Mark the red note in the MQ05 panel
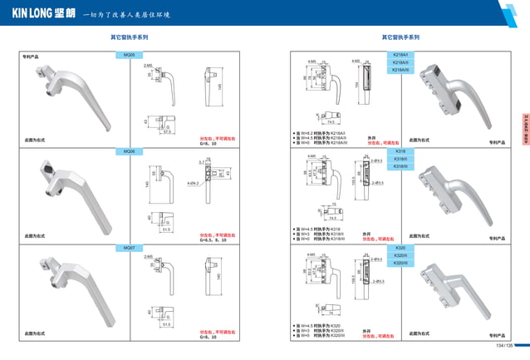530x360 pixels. pyautogui.click(x=213, y=138)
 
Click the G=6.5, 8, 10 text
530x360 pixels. pyautogui.click(x=213, y=239)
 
